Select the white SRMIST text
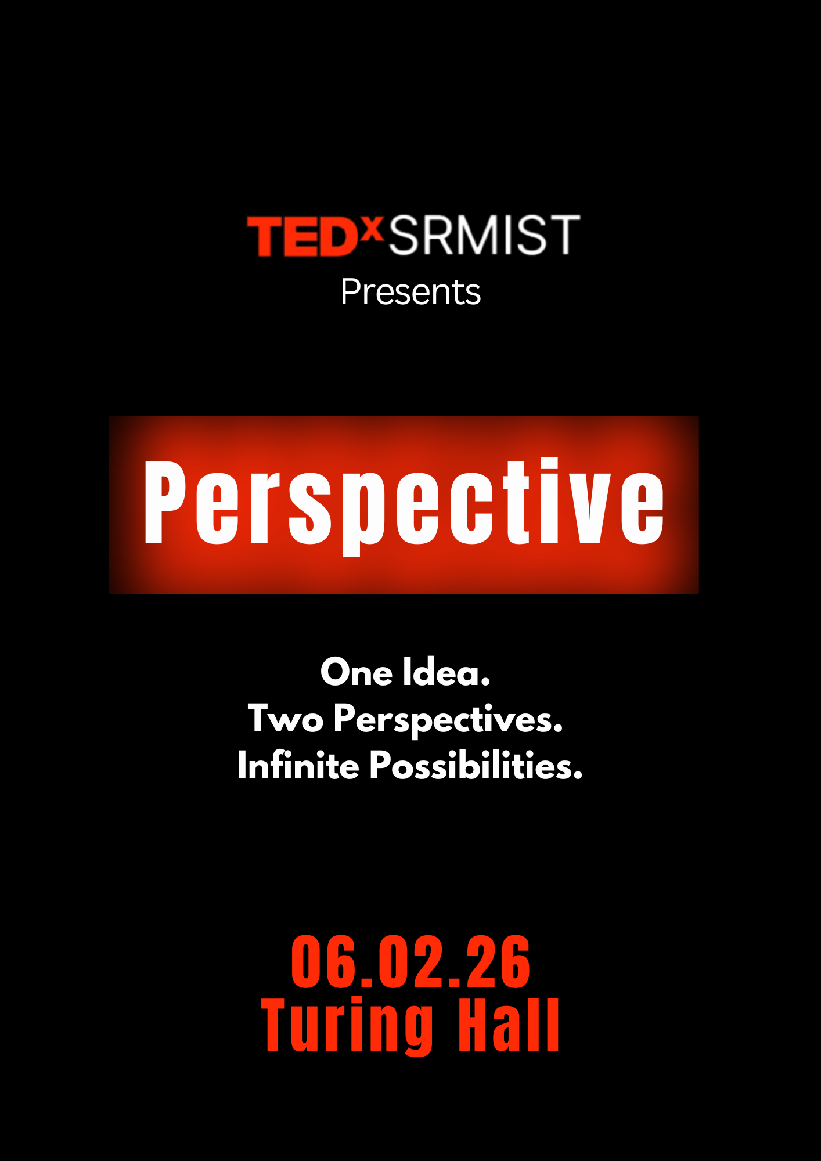coord(484,235)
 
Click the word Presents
coord(410,291)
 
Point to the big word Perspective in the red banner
coord(404,504)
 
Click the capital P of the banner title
coord(165,503)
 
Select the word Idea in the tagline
coord(446,672)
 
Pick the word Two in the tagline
coord(286,719)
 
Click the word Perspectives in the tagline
coord(448,720)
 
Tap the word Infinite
coord(298,765)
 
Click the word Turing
coord(347,1026)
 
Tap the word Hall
coord(509,1025)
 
